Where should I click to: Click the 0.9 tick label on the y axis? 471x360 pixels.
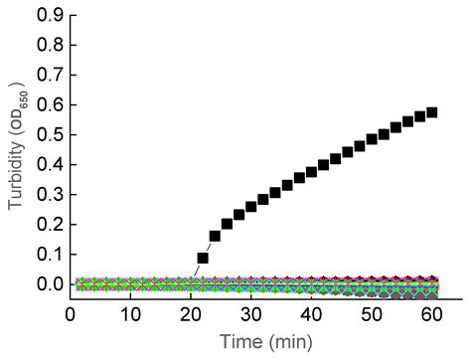point(49,16)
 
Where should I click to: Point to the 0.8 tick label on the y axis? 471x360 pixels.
point(49,46)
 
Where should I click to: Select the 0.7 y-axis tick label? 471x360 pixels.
point(49,76)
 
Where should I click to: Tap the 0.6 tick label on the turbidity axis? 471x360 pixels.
point(49,105)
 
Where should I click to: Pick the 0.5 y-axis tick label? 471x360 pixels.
point(49,135)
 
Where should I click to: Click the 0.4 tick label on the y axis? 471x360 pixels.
point(49,165)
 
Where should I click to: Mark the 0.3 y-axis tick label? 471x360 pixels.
point(49,195)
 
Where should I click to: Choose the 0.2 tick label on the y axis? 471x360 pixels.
point(49,225)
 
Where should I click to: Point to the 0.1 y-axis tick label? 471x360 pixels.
point(49,255)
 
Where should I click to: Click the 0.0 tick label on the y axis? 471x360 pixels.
point(49,284)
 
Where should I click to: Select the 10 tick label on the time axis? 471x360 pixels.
point(130,314)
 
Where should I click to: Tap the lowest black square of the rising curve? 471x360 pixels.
point(203,258)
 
